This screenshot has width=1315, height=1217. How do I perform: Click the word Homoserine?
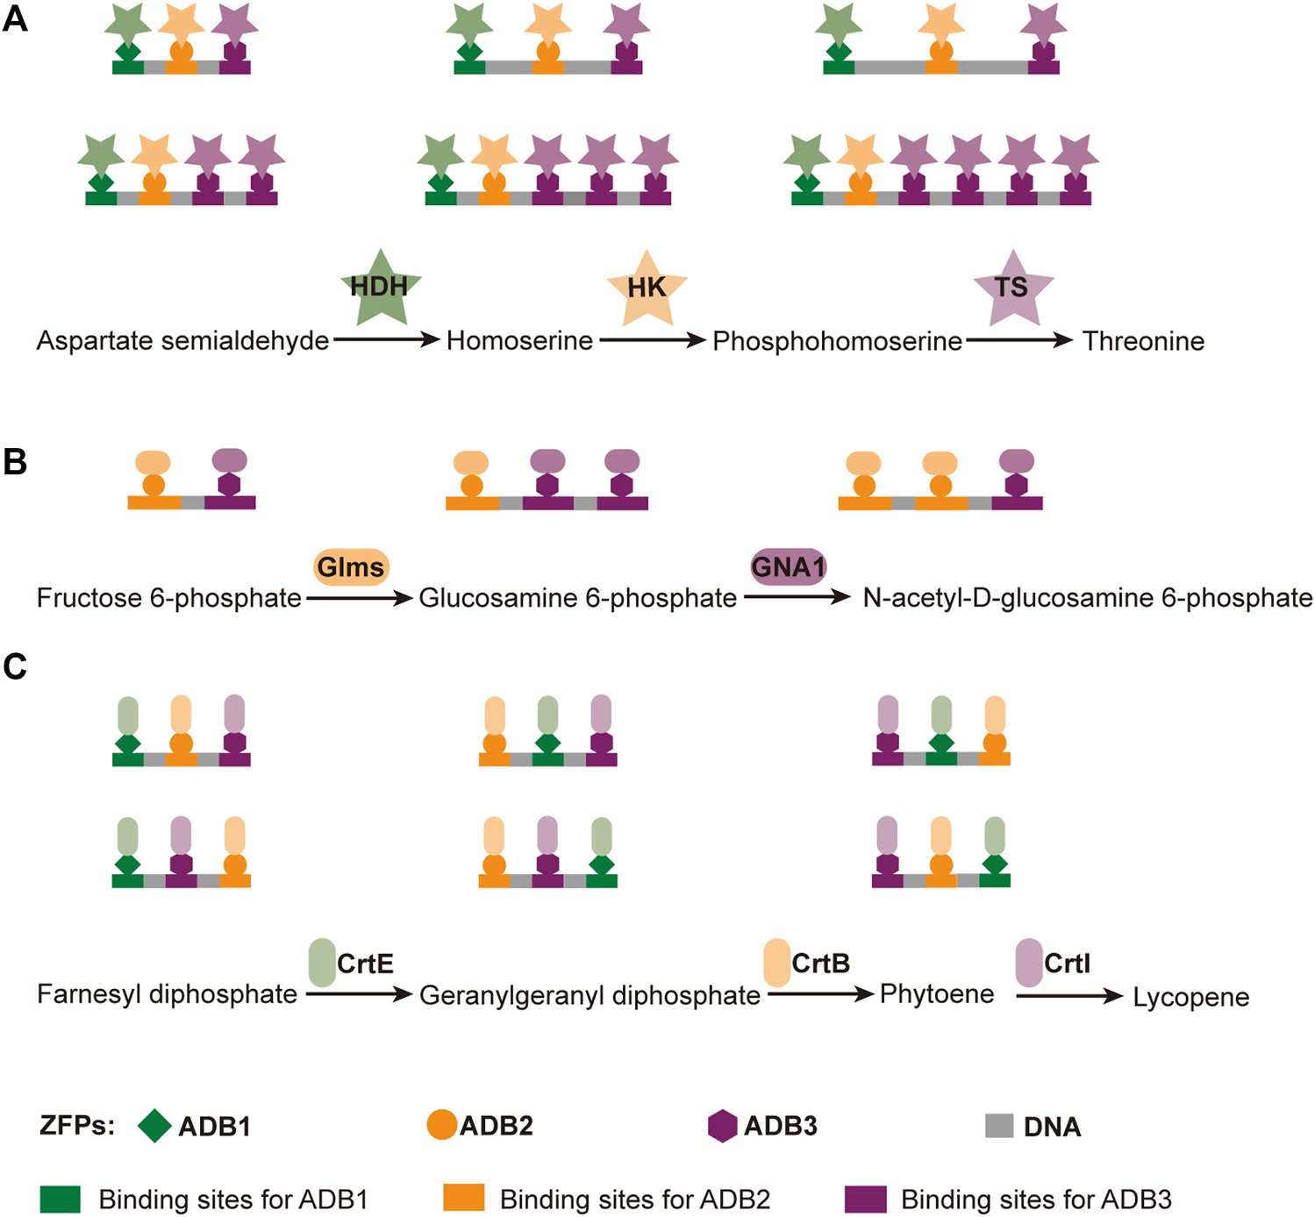[x=519, y=340]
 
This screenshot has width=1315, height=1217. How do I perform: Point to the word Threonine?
[x=1143, y=341]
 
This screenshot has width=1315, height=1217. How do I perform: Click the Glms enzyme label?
[x=351, y=567]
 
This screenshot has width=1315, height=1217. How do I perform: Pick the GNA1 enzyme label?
[x=788, y=567]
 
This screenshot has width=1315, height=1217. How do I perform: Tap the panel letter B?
[x=15, y=462]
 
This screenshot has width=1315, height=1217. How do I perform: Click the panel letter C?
[x=15, y=667]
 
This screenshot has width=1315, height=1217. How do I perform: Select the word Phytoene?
[x=937, y=993]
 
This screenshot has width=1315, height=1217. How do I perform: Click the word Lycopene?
[x=1190, y=997]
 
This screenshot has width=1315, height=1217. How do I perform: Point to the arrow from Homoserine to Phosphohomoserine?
[x=653, y=340]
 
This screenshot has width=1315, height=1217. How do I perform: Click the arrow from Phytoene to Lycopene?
[x=1069, y=996]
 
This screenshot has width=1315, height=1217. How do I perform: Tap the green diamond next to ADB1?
[x=154, y=1126]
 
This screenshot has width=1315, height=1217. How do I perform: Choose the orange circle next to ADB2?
[x=441, y=1125]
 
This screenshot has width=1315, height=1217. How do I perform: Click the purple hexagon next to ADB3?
[x=722, y=1126]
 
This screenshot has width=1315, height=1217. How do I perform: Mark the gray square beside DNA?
[x=999, y=1126]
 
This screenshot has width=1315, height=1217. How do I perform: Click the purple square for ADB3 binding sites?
[x=865, y=1199]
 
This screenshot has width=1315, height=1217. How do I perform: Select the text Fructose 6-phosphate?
[x=168, y=598]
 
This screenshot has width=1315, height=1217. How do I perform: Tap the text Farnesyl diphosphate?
[x=167, y=994]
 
